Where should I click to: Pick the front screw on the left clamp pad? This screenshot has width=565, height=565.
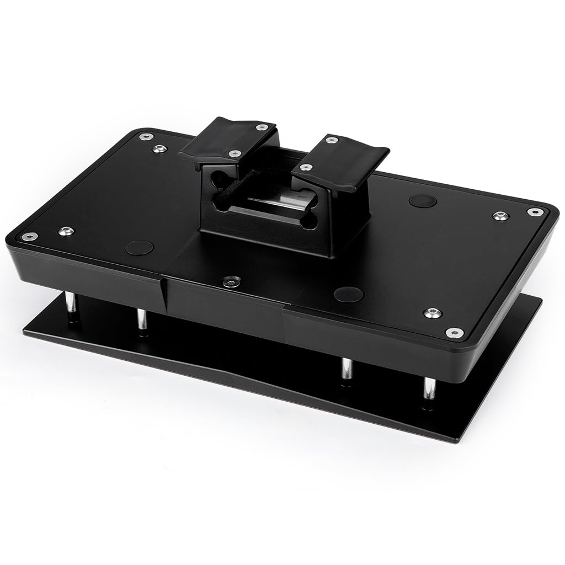click(235, 153)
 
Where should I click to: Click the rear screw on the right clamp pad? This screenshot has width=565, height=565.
click(331, 140)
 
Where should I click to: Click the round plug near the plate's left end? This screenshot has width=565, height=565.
click(138, 247)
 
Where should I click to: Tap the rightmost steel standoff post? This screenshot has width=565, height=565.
click(429, 390)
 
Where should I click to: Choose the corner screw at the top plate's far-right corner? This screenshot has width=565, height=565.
click(534, 211)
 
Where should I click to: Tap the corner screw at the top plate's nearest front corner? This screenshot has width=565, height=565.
click(454, 333)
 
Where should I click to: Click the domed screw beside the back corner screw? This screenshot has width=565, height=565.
click(159, 148)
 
